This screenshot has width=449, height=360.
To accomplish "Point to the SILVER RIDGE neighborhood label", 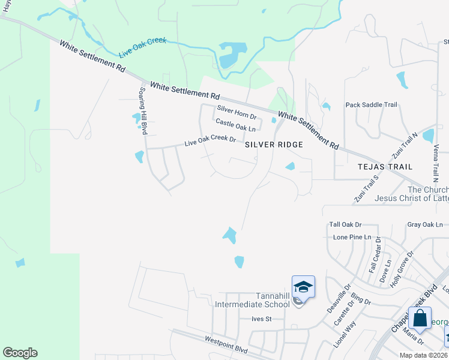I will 274,145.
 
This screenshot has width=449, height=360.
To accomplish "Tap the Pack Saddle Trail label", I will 371,105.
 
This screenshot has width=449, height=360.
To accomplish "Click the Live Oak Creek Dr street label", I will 210,141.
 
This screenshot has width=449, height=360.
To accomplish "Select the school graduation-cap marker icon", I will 303,287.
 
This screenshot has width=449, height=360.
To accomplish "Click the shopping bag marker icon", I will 420,318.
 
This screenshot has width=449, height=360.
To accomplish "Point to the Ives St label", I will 262,319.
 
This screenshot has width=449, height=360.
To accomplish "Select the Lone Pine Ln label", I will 352,237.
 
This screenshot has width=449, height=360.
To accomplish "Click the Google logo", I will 20,353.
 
